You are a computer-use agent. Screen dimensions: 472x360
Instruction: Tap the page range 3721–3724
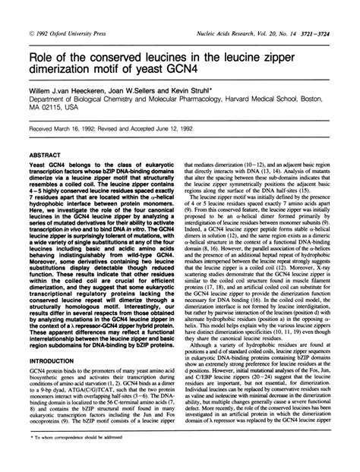pos(326,14)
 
